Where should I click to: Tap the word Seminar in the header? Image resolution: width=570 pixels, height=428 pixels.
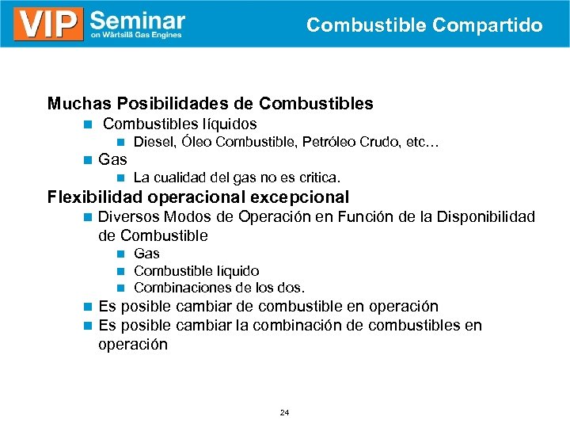138,19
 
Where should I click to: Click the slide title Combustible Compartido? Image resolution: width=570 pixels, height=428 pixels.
424,25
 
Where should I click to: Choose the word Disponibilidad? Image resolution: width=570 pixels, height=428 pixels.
481,217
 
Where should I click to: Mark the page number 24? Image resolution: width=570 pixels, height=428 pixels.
284,413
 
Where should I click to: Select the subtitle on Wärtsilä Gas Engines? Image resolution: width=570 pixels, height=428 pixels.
135,36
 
